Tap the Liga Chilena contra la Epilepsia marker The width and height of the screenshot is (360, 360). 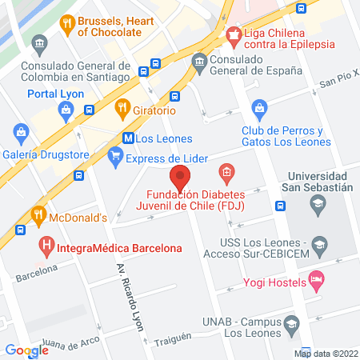234,33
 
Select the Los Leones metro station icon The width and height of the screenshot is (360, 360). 128,138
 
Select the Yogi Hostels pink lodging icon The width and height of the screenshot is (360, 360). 318,281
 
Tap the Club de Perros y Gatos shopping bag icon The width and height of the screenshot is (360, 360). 259,107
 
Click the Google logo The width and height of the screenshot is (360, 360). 26,350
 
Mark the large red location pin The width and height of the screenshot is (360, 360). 181,175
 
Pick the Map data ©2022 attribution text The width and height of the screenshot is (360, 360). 325,353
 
